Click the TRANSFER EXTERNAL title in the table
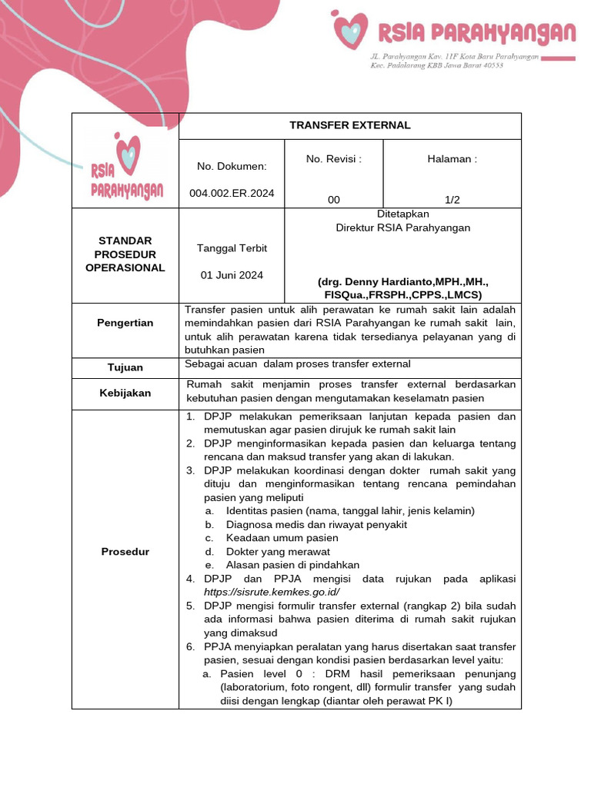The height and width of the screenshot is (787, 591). (349, 125)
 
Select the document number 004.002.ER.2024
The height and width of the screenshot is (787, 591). (232, 193)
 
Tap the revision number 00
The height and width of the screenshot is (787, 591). (333, 200)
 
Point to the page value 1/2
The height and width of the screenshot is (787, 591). (452, 200)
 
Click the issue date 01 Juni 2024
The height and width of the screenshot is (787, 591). (232, 275)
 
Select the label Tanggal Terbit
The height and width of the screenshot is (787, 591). (232, 248)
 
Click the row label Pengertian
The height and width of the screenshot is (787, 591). (125, 323)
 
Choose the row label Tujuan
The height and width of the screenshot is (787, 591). (125, 367)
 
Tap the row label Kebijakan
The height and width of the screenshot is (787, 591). (125, 393)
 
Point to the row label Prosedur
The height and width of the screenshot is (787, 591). (125, 552)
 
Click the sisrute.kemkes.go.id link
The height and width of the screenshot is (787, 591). (272, 592)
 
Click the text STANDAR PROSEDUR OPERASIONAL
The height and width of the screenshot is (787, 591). (125, 254)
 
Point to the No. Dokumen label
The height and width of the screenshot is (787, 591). (232, 166)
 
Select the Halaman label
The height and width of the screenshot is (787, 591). (452, 159)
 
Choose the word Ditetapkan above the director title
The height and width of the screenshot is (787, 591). (402, 214)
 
